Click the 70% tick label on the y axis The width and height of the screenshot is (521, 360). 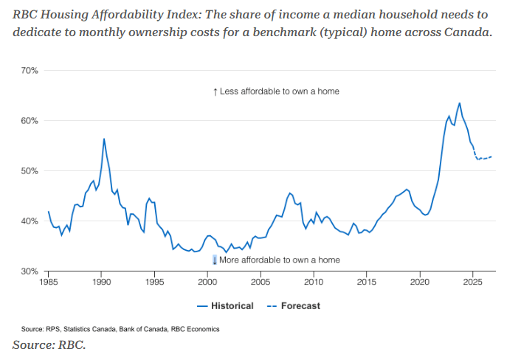(29, 71)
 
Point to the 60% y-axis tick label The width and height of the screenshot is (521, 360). (29, 121)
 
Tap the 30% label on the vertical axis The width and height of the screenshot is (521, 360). (29, 271)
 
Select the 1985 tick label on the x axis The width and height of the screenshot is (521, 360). (48, 283)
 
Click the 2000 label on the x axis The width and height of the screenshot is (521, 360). (207, 283)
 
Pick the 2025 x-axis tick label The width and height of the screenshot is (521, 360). (473, 283)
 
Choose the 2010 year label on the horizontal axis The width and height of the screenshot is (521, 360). (314, 283)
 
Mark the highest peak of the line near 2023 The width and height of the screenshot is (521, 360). (459, 103)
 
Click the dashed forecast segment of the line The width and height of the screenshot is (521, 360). (483, 158)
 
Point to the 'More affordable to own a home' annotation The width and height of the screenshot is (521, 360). (280, 260)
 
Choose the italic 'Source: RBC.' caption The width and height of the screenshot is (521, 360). (49, 345)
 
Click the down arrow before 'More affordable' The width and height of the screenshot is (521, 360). (215, 260)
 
